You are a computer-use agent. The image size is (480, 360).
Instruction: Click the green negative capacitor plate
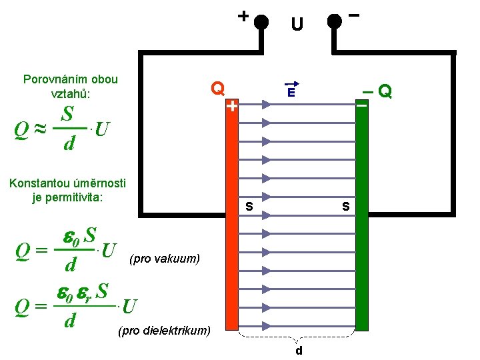click(362, 220)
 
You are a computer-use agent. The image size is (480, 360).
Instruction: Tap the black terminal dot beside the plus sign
click(261, 22)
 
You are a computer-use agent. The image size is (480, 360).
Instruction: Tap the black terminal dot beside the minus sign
click(335, 22)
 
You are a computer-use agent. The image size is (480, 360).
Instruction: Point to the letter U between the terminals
click(297, 25)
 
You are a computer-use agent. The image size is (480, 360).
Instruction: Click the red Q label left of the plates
click(217, 87)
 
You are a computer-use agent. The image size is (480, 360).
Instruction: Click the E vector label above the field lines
click(291, 92)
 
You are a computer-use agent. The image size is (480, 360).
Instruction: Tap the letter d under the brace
click(299, 351)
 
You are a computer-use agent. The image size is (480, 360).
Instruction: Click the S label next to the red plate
click(249, 207)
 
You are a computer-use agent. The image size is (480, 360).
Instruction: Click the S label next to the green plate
click(345, 207)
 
